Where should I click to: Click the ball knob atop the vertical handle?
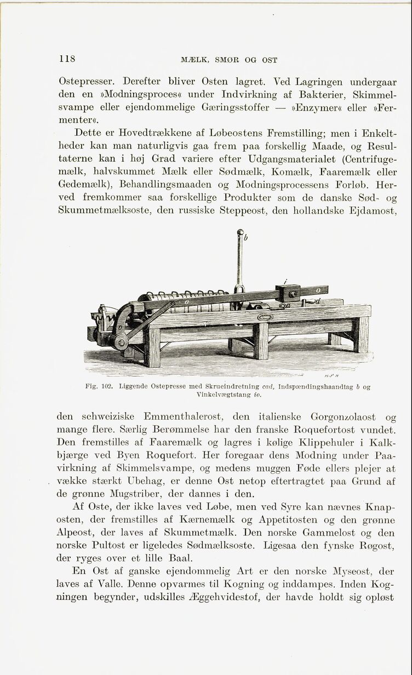coord(239,234)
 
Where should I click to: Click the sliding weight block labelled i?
coord(288,293)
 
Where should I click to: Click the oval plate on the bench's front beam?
coord(265,317)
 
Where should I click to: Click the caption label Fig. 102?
coord(99,386)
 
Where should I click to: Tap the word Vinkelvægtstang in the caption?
coord(218,393)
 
